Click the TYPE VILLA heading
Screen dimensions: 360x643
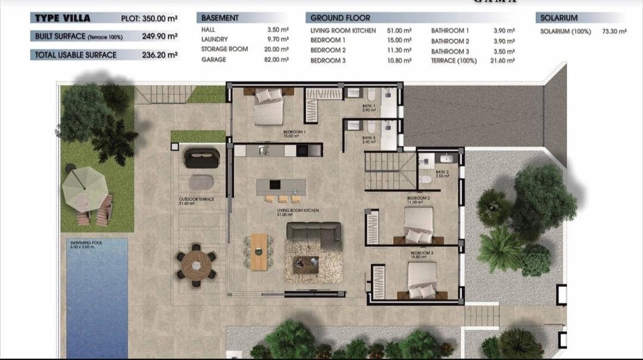point(62,18)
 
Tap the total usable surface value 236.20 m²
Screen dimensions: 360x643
point(160,55)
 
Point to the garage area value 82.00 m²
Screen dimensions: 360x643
point(276,60)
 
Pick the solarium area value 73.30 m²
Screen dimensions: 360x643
point(614,31)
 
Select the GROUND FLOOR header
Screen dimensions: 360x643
point(340,18)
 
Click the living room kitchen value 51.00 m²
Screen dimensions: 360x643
point(399,30)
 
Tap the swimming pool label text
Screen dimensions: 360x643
point(82,244)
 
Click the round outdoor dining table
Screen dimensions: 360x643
point(196,265)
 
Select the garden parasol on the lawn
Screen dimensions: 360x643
point(85,188)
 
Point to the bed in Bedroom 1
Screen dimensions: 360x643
point(269,107)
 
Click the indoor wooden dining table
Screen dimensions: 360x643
point(258,252)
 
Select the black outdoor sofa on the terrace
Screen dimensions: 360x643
point(202,158)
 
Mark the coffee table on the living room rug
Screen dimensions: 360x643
point(305,264)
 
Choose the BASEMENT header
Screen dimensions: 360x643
point(220,18)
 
